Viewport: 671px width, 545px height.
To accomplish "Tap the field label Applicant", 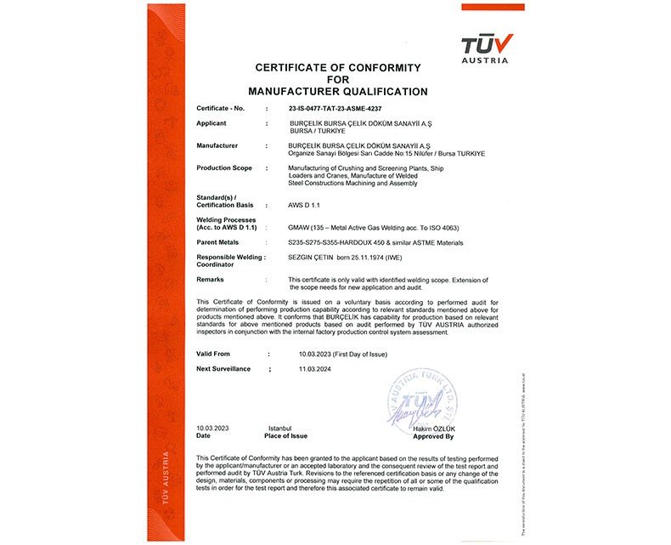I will pos(211,123).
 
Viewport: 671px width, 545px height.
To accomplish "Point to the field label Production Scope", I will pos(224,167).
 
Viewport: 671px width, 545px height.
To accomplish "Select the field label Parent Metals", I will pos(220,242).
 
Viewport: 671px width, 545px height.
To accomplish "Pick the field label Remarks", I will pos(210,279).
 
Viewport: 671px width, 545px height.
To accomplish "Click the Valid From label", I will pos(213,353).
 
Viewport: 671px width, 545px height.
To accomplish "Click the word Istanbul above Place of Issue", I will pos(280,429).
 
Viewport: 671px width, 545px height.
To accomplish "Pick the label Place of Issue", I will pos(285,435).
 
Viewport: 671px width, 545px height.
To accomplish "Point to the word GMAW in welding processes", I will pos(299,228).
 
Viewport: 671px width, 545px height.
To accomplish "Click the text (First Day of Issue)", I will pos(350,353).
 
